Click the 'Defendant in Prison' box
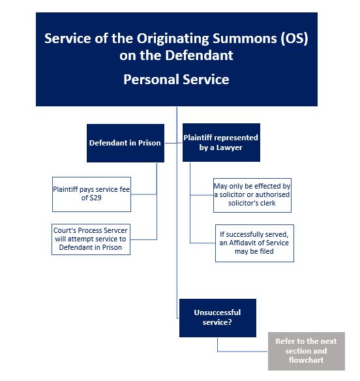pos(125,143)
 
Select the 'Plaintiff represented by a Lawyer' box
pos(221,142)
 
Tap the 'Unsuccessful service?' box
pos(217,318)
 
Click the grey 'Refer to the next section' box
pos(306,351)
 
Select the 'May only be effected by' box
pos(252,194)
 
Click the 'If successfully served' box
pos(254,243)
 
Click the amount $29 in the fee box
pos(95,198)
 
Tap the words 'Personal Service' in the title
pos(176,80)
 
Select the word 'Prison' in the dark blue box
pos(149,143)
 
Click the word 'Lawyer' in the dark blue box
pos(230,147)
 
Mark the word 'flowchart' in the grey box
pos(306,360)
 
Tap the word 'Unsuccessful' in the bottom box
pos(217,312)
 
